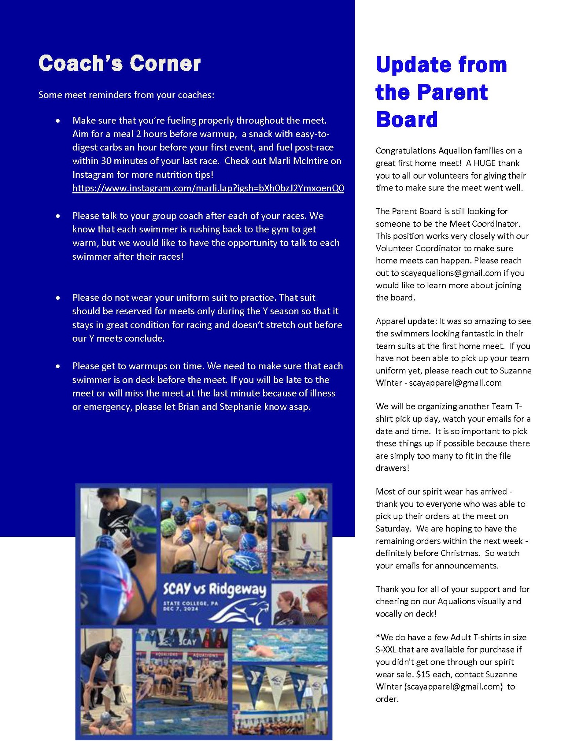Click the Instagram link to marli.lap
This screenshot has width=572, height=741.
tap(208, 188)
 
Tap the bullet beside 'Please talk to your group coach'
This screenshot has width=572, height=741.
tap(57, 216)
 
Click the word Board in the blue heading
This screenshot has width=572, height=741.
tap(407, 119)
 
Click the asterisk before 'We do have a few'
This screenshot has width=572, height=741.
tap(378, 637)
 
